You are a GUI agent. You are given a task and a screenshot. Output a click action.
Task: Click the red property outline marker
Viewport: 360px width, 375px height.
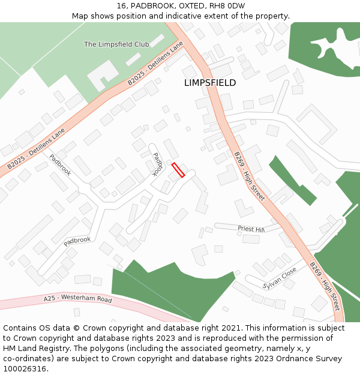(x=178, y=170)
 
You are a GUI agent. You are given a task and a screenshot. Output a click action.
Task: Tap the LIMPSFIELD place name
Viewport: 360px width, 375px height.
(x=210, y=83)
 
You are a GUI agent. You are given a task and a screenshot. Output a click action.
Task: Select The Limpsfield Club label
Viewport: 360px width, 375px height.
(x=116, y=44)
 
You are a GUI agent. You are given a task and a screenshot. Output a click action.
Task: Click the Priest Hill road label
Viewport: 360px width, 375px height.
(x=251, y=229)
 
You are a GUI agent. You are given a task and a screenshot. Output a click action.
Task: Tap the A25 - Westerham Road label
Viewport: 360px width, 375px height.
(x=78, y=299)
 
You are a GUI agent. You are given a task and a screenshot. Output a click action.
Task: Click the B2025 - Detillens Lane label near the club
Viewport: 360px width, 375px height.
(x=155, y=63)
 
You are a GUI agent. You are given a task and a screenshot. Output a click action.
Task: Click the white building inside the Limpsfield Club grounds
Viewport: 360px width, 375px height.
(x=103, y=74)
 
